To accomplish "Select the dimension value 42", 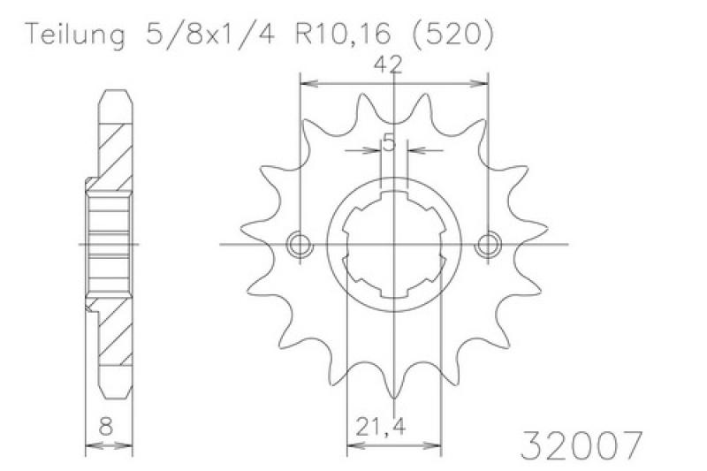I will (389, 64).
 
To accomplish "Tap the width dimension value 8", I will (106, 426).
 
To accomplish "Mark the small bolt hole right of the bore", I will (487, 245).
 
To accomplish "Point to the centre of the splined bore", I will (394, 245).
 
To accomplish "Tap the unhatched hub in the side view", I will (108, 244).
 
